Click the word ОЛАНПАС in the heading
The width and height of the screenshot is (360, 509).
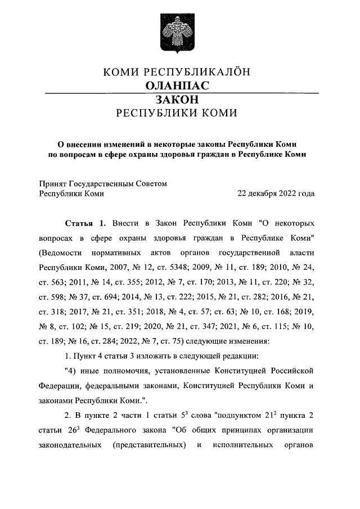coord(177,86)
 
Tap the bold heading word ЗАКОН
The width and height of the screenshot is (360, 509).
coord(177,100)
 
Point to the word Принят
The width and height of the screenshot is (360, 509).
coord(53,183)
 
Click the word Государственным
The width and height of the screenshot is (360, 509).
coord(118,183)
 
